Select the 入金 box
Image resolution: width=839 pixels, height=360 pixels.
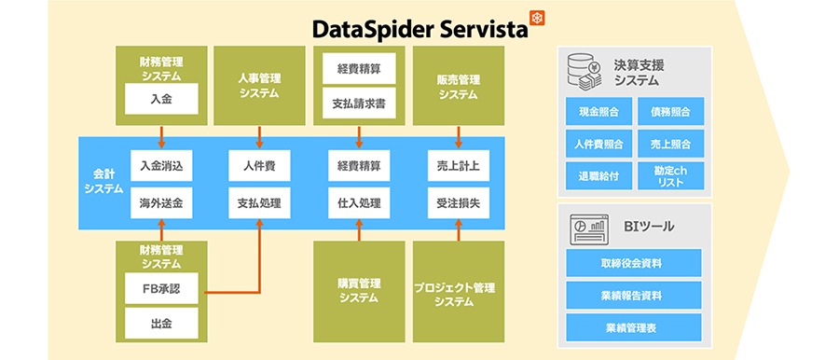coord(162,95)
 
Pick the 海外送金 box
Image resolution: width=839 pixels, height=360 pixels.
coord(162,202)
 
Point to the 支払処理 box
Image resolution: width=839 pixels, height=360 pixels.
coord(259,202)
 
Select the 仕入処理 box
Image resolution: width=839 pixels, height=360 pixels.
coord(360,202)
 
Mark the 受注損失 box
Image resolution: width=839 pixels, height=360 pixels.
coord(459,202)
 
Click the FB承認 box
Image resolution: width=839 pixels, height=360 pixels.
coord(162,289)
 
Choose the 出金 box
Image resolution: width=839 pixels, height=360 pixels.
coord(162,324)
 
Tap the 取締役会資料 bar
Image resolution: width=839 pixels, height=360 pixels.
coord(633,262)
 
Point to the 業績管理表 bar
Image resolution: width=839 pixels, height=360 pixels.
coord(633,325)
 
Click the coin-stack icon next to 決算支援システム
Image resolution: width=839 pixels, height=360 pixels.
coord(584,71)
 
